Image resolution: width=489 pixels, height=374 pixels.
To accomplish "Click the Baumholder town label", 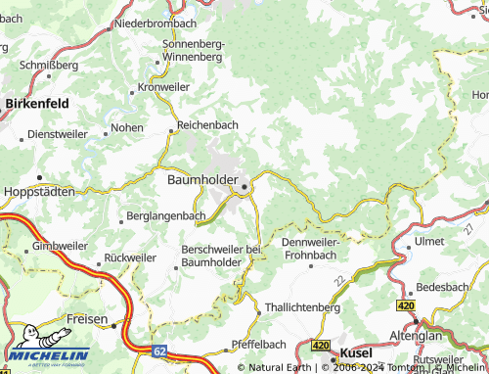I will tap(202, 181).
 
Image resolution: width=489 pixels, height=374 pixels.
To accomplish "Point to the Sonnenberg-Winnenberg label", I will tap(194, 51).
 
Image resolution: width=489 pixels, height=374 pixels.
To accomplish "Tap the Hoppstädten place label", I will tap(40, 192).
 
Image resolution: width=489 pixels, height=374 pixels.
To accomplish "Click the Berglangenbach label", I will tap(167, 216).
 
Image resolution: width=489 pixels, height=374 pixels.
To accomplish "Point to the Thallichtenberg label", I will tap(302, 306).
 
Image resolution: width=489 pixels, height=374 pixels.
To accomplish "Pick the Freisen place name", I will tap(87, 319).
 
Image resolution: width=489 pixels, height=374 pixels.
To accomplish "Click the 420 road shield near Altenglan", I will tap(406, 306).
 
